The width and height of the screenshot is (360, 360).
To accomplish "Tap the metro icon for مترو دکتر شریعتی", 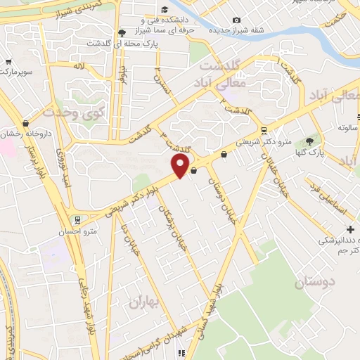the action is pyautogui.click(x=264, y=129).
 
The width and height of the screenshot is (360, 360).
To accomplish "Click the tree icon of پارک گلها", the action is pyautogui.click(x=309, y=141).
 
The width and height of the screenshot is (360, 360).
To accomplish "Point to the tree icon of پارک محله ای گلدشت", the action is pyautogui.click(x=122, y=32).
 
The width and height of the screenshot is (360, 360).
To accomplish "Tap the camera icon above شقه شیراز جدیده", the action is pyautogui.click(x=236, y=19).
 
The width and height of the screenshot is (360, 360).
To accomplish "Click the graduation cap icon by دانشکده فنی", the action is pyautogui.click(x=165, y=10).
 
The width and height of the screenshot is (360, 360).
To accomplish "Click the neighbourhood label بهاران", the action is pyautogui.click(x=143, y=302).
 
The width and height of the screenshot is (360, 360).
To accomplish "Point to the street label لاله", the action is pyautogui.click(x=79, y=65).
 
